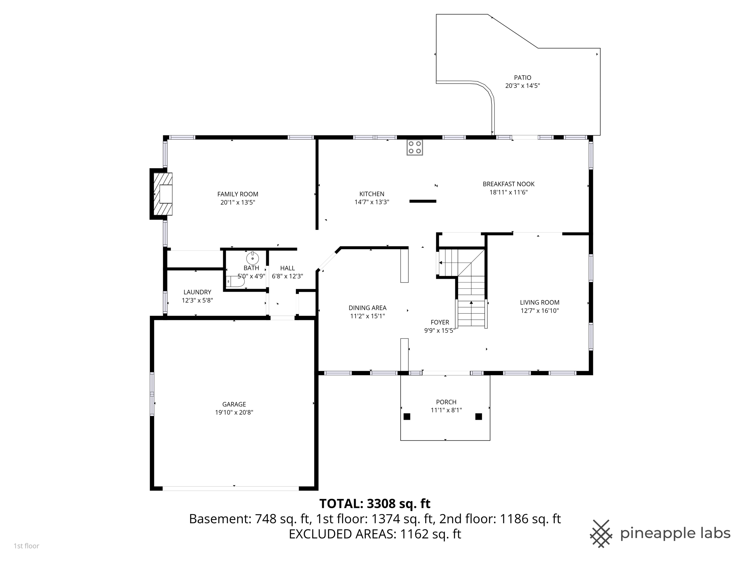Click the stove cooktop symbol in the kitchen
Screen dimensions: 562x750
click(415, 147)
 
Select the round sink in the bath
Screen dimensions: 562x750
click(252, 258)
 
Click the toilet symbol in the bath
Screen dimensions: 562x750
click(235, 281)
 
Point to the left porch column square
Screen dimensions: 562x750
click(407, 416)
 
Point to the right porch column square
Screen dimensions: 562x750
click(478, 416)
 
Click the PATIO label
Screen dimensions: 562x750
click(522, 78)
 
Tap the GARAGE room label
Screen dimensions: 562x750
click(234, 404)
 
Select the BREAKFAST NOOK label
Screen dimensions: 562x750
click(508, 184)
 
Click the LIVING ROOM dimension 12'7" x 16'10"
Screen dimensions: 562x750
click(539, 311)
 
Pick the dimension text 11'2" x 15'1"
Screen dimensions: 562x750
click(367, 316)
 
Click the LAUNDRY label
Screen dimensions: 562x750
click(197, 292)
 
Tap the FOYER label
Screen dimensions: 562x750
click(439, 322)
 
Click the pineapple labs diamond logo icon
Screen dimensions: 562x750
click(601, 533)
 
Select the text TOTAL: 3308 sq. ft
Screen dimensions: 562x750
click(375, 504)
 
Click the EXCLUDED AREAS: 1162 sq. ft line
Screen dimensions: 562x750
click(375, 534)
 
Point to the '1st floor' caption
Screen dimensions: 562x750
click(26, 546)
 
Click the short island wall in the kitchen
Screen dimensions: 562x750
click(423, 201)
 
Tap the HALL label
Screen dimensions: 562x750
click(287, 268)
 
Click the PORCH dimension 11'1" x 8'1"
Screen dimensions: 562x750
click(446, 410)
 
